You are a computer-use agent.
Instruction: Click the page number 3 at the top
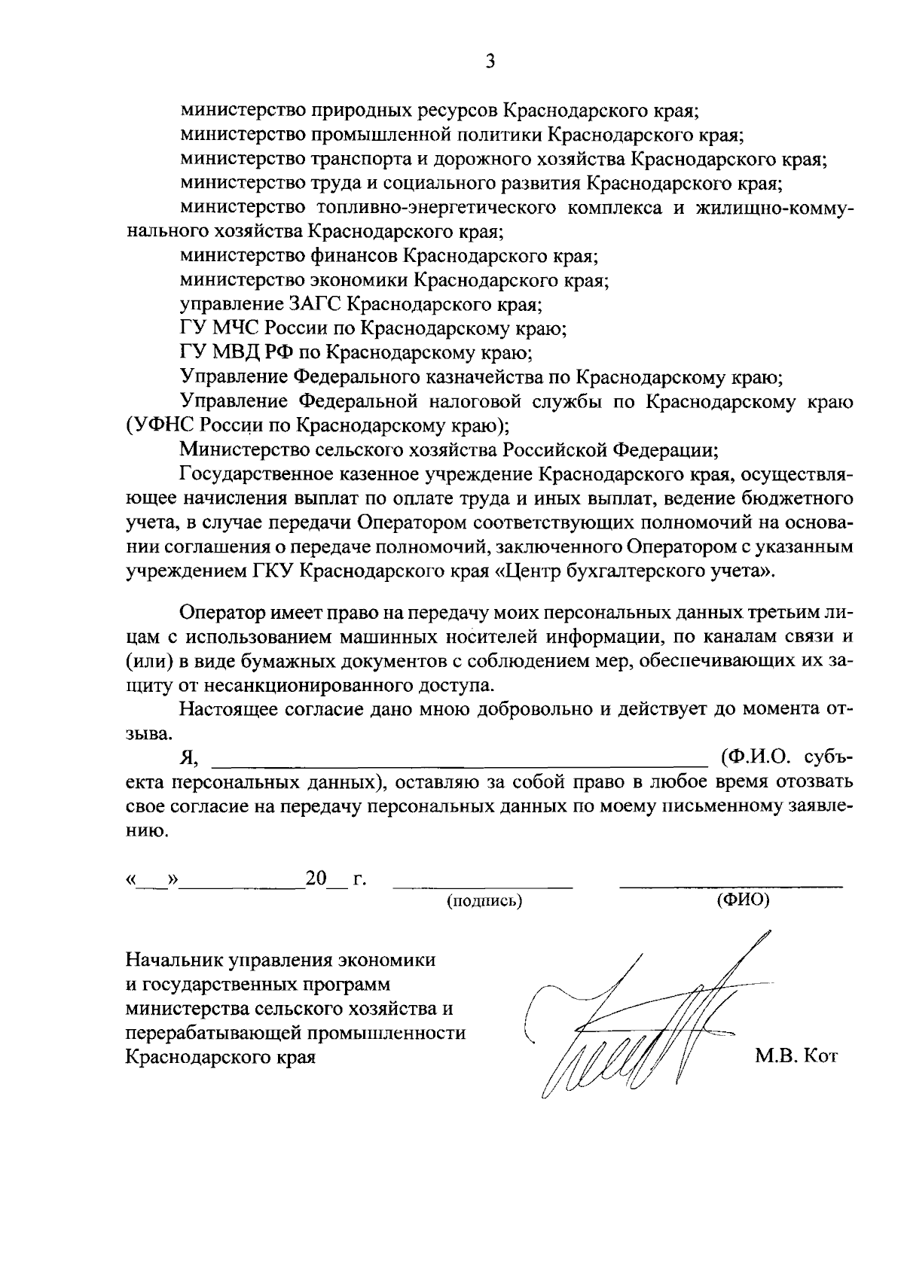(489, 62)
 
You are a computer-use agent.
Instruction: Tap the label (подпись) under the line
(484, 901)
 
